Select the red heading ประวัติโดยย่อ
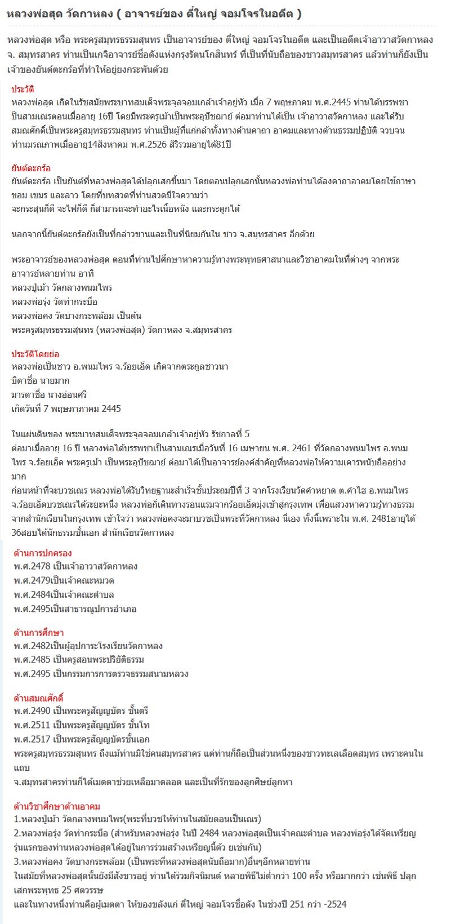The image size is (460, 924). [35, 354]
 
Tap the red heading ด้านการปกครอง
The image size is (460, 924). [43, 553]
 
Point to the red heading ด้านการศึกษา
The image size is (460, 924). [39, 633]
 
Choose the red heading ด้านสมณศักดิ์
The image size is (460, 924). [39, 698]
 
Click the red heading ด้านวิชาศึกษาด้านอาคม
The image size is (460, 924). [57, 806]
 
